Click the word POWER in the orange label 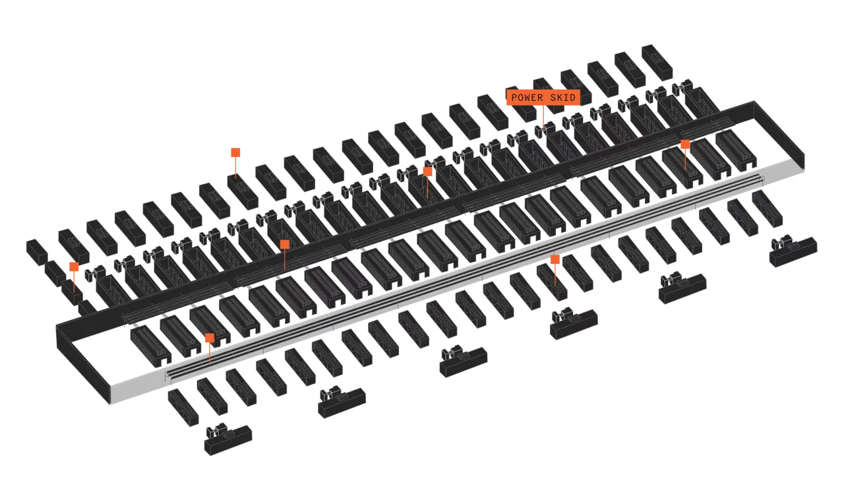pyautogui.click(x=527, y=98)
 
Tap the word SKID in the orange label pyautogui.click(x=563, y=98)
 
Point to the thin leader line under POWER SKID pyautogui.click(x=543, y=117)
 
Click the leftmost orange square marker pyautogui.click(x=74, y=266)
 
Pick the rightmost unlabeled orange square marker pyautogui.click(x=685, y=144)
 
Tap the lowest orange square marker pyautogui.click(x=210, y=338)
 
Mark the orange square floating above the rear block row pyautogui.click(x=235, y=152)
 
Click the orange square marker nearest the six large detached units pyautogui.click(x=555, y=259)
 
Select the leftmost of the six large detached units pyautogui.click(x=228, y=439)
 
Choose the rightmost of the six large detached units pyautogui.click(x=793, y=251)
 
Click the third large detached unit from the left pyautogui.click(x=464, y=361)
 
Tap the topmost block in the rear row pyautogui.click(x=657, y=62)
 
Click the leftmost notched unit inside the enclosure pyautogui.click(x=151, y=347)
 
